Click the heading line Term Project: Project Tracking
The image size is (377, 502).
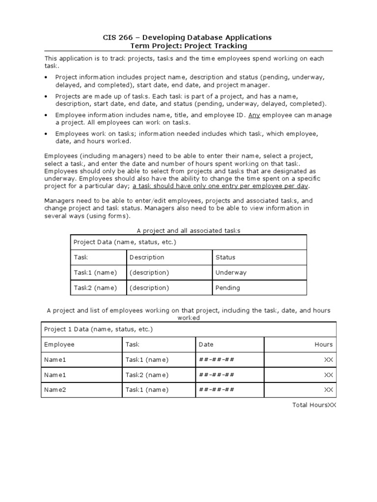tap(188, 46)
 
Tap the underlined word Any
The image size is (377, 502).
tap(253, 115)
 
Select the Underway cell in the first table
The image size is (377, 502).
tap(231, 273)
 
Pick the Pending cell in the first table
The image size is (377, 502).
tap(227, 288)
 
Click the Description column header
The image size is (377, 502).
tap(147, 257)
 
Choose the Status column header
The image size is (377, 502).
tap(225, 257)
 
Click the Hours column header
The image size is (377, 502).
tap(323, 345)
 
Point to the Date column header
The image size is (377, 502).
tap(206, 345)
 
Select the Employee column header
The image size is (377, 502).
tap(59, 345)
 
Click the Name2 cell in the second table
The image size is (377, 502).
tap(55, 390)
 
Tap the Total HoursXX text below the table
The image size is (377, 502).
tap(314, 405)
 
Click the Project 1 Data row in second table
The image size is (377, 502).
tap(98, 329)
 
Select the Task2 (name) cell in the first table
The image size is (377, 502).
tap(95, 288)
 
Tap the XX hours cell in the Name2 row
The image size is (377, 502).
tap(328, 390)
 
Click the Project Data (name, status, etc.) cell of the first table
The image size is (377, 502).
tap(124, 242)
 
